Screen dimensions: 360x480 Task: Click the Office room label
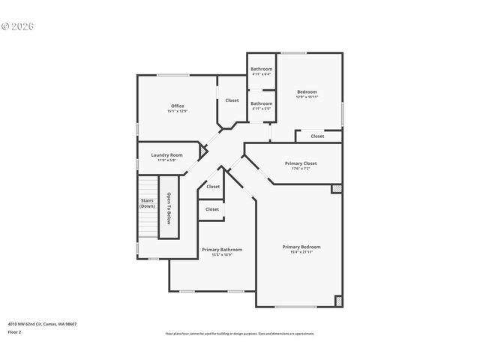point(177,106)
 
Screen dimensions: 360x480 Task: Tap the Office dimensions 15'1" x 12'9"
point(177,111)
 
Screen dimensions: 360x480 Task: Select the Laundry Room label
point(166,155)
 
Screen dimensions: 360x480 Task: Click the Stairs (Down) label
point(147,202)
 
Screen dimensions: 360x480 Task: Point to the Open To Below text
point(169,208)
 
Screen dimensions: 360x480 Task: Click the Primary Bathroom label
point(222,249)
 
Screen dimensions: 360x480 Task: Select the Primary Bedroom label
point(301,247)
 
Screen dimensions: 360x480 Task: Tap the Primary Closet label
point(301,163)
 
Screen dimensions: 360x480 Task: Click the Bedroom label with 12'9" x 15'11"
point(307,91)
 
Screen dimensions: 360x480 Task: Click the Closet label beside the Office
point(232,100)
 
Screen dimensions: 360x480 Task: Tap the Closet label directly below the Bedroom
point(318,136)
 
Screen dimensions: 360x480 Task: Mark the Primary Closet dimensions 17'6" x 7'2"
point(301,168)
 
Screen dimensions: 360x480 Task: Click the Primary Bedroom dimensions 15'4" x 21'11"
point(301,252)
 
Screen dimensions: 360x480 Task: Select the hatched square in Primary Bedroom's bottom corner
point(338,301)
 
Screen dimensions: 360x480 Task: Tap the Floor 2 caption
point(15,331)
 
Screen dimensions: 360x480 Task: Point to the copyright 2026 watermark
point(18,26)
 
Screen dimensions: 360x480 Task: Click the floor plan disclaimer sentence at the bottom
point(240,334)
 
